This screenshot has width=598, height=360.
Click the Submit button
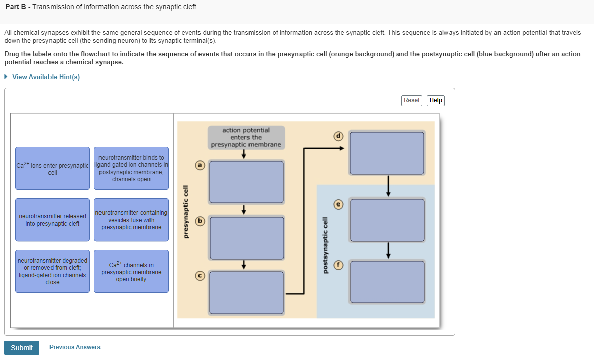point(22,348)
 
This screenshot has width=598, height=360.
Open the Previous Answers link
point(75,347)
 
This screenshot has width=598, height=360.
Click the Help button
point(435,100)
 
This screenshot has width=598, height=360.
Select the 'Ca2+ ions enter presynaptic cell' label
point(53,169)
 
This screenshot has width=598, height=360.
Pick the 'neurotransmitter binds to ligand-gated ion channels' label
point(131,169)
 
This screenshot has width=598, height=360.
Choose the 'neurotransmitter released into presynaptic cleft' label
point(53,220)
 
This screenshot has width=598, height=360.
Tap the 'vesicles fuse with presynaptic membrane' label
point(131,220)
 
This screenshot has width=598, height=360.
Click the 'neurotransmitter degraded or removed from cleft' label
point(53,271)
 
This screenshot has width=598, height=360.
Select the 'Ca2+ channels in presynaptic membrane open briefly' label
point(131,271)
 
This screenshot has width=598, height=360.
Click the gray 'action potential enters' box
point(246,137)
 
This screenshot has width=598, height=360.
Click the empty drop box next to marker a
point(246,182)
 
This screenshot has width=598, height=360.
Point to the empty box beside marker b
point(246,237)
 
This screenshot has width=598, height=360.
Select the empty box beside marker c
point(246,292)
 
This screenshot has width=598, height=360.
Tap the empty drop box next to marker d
point(387,153)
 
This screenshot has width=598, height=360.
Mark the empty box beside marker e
point(387,220)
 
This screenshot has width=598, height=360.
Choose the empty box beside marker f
point(387,282)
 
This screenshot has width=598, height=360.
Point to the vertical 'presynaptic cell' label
point(186,212)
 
